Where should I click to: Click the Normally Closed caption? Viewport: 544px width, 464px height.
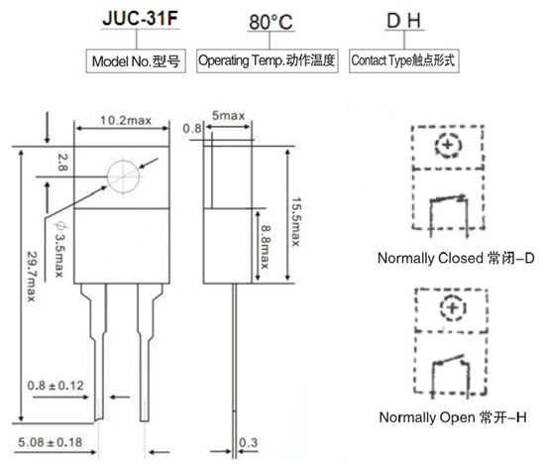[x=456, y=259]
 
